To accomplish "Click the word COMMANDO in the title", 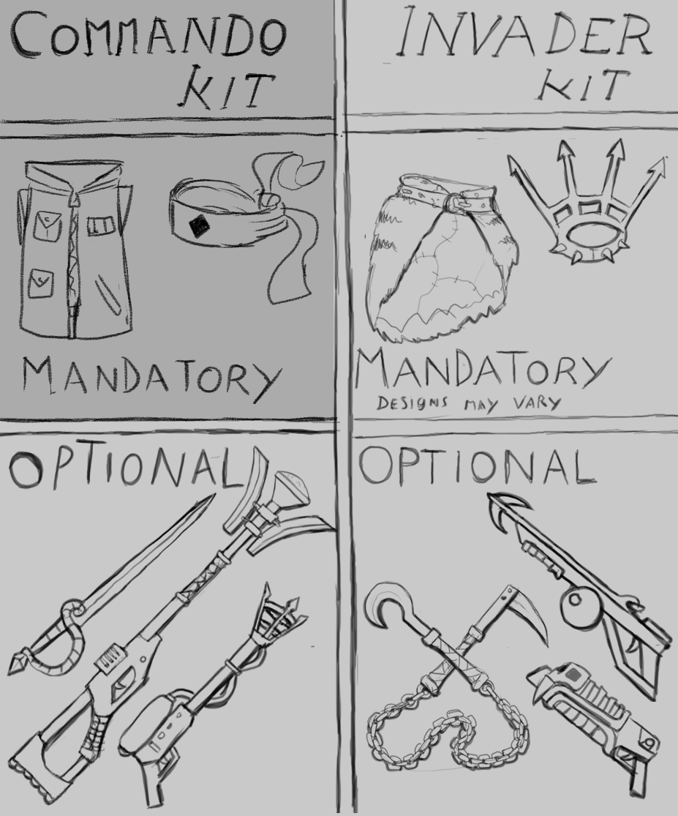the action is (149, 34).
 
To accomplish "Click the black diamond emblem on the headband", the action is (199, 226).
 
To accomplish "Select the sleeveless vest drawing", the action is (75, 249).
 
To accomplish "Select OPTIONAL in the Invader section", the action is (477, 465).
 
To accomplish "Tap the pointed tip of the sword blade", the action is (212, 495).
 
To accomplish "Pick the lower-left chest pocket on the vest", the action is (40, 283).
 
